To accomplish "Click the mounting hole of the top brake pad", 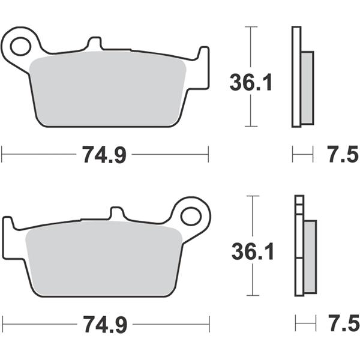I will (x=20, y=44).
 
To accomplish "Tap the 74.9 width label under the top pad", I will (x=104, y=155).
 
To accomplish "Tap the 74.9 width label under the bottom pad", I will (x=104, y=325).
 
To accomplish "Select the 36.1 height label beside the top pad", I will (x=251, y=82).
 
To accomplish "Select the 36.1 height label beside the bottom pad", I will (x=253, y=251).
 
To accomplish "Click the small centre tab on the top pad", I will (x=94, y=44).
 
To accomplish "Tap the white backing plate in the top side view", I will (x=296, y=77).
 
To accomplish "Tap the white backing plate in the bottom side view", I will (x=299, y=252).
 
